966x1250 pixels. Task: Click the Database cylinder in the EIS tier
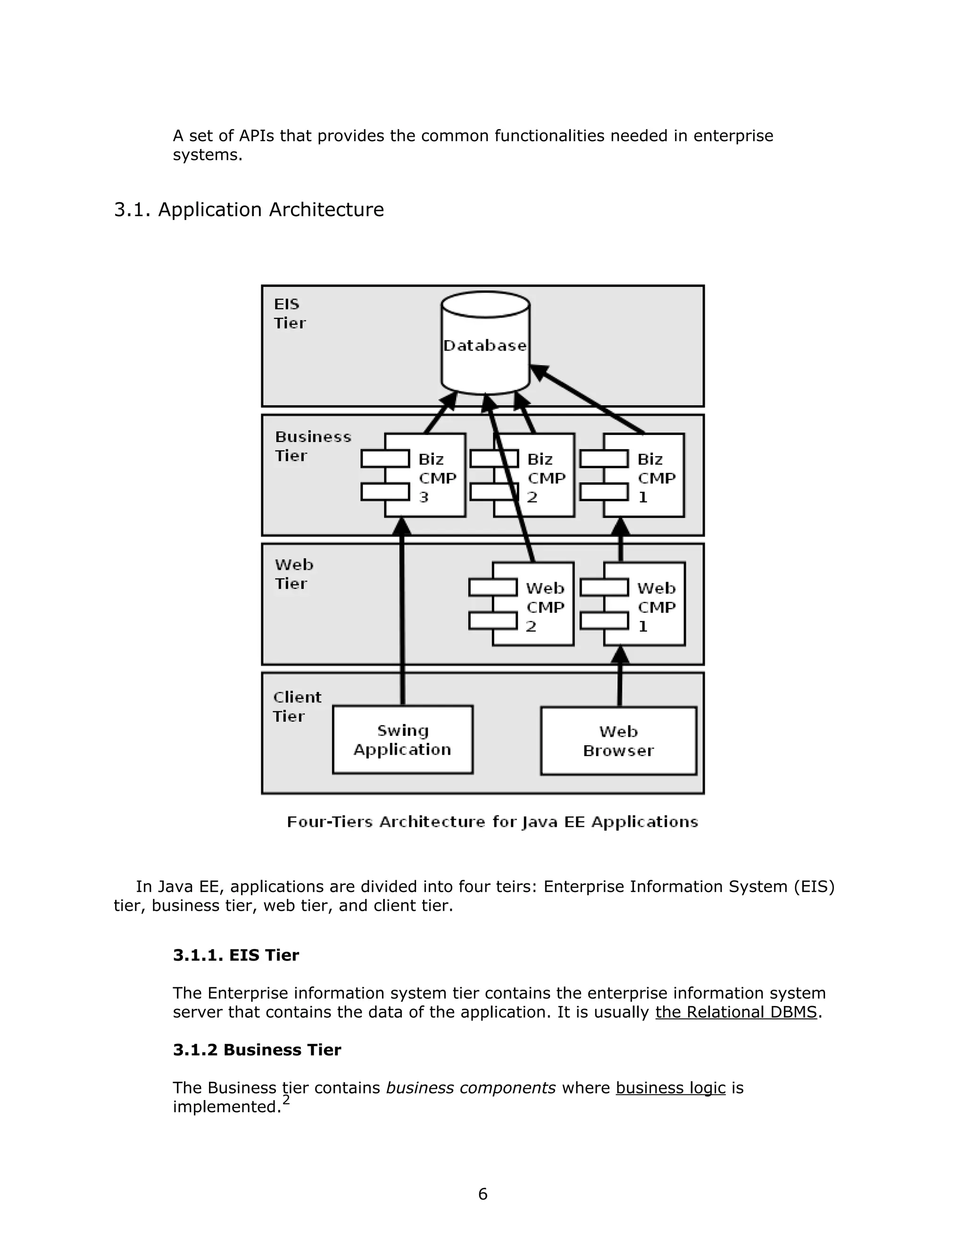[485, 345]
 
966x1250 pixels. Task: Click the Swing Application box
[402, 740]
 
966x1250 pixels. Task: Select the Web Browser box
[618, 741]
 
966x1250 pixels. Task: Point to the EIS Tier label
[290, 313]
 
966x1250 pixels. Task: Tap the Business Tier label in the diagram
[312, 446]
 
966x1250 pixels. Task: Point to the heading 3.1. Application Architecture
[249, 209]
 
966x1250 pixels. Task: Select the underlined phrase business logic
[670, 1087]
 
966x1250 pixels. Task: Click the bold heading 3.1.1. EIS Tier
[236, 955]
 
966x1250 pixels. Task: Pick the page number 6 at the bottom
[483, 1194]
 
